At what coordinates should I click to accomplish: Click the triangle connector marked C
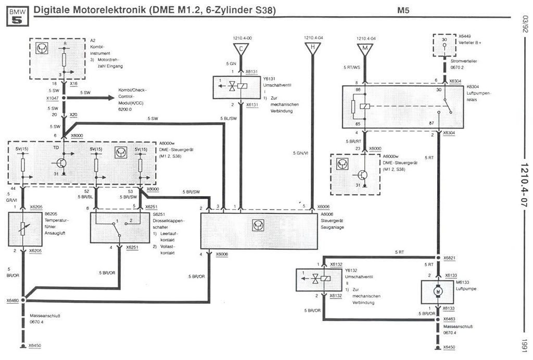pos(240,49)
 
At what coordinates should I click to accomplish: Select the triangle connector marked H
pos(312,49)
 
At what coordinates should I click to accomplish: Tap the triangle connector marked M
pos(365,49)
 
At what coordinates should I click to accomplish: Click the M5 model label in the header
pos(404,10)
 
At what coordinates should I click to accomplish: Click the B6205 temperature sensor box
pos(24,229)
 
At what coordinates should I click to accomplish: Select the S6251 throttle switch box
pos(120,227)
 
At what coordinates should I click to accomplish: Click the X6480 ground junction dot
pos(23,301)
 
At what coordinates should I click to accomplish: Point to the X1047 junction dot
pos(64,97)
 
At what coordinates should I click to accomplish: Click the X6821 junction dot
pos(438,258)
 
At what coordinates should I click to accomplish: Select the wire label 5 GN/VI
pos(301,153)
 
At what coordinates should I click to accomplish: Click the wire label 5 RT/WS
pos(352,68)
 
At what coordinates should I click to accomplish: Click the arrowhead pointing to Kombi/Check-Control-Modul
pos(111,97)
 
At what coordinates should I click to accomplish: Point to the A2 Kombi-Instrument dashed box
pos(57,58)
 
